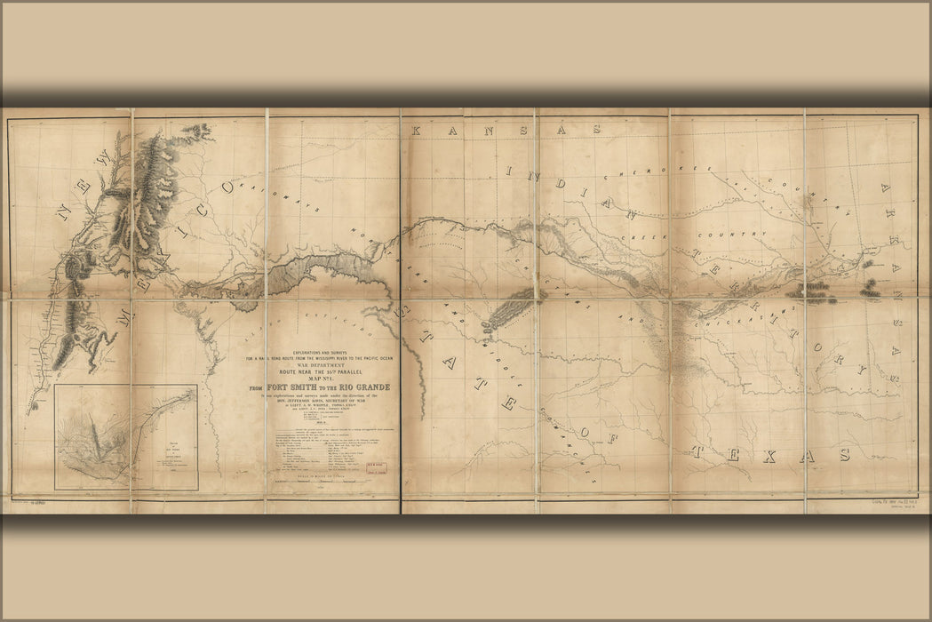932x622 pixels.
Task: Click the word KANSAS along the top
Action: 506,130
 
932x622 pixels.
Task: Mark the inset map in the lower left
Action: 125,436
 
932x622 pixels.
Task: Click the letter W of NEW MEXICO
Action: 105,160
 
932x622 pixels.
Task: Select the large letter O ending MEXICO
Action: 227,187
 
